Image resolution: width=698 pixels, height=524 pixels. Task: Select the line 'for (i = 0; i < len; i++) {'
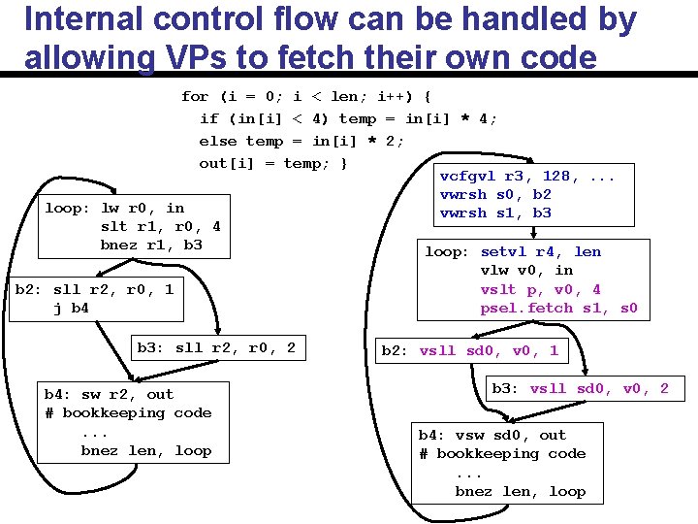306,96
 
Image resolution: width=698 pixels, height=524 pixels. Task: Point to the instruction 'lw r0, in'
142,208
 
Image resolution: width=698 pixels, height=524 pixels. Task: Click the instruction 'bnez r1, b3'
151,245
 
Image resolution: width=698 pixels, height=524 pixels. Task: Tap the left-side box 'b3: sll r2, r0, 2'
216,347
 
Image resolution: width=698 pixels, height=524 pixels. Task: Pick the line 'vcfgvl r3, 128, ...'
526,177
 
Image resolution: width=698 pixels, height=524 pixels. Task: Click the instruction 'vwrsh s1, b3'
495,213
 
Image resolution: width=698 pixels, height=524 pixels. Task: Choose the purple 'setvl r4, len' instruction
541,252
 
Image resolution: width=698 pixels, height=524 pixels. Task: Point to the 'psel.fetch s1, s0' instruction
558,309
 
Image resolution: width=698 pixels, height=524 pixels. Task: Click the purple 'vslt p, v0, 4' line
541,289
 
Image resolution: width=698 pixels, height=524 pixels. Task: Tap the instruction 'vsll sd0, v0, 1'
489,351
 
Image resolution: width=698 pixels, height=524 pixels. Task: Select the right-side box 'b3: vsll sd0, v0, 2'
580,388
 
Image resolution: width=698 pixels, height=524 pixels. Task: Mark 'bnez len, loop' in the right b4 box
521,491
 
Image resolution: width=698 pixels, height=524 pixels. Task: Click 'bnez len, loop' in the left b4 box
145,450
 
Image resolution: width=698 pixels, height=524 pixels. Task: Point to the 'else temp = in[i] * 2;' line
301,141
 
